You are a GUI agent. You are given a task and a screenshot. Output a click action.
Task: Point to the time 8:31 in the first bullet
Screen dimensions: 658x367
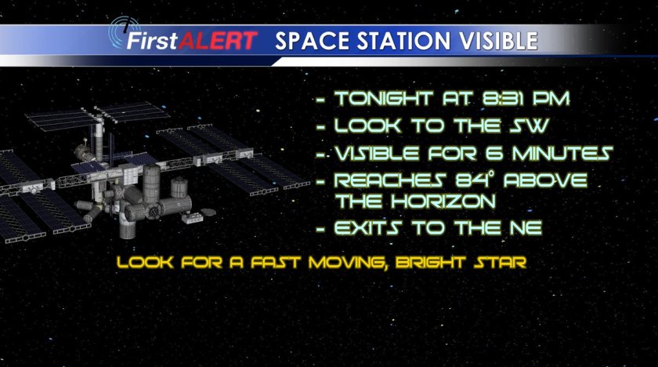(x=503, y=99)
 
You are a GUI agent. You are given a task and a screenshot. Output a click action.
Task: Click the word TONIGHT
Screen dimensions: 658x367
(x=384, y=99)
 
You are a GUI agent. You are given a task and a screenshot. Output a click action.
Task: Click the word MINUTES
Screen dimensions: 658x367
(x=562, y=153)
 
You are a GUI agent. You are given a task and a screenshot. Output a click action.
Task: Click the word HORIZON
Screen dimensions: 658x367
(x=443, y=202)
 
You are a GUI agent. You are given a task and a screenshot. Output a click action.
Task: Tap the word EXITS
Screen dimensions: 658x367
(x=368, y=228)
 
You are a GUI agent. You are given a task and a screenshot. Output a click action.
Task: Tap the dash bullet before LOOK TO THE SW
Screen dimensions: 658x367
(x=321, y=127)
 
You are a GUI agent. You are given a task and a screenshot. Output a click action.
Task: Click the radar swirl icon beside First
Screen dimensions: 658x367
(x=121, y=31)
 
